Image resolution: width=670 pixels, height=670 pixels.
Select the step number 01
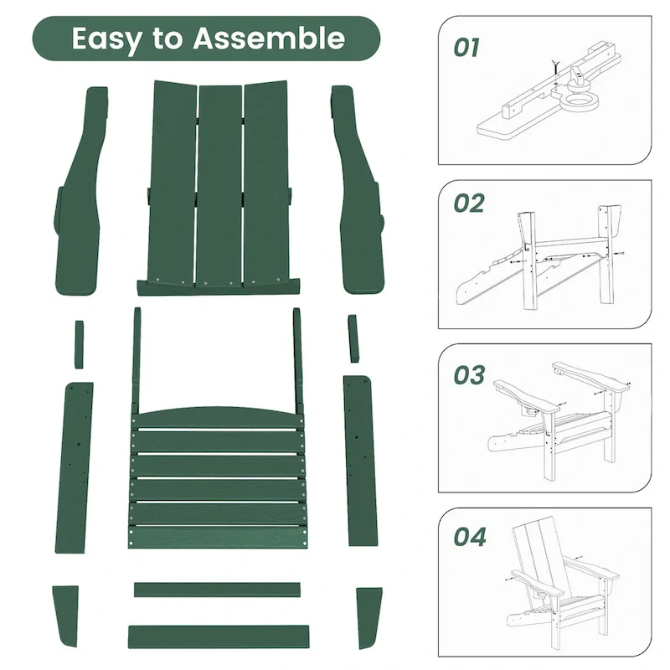(x=466, y=48)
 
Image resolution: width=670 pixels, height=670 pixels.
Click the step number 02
(x=469, y=204)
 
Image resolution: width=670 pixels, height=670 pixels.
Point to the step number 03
(x=469, y=375)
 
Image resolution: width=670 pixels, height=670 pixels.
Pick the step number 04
(x=469, y=536)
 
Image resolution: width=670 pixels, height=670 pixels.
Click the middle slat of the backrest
(x=219, y=184)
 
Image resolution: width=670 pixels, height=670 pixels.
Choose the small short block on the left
(x=79, y=343)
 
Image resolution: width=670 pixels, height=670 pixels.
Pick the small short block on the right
(x=354, y=338)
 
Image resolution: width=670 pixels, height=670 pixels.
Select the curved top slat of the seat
(x=218, y=417)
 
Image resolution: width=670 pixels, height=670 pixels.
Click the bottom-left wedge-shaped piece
(x=64, y=616)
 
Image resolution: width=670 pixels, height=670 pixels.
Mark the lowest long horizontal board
(x=218, y=636)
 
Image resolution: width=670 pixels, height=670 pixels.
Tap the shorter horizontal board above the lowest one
(x=217, y=590)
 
